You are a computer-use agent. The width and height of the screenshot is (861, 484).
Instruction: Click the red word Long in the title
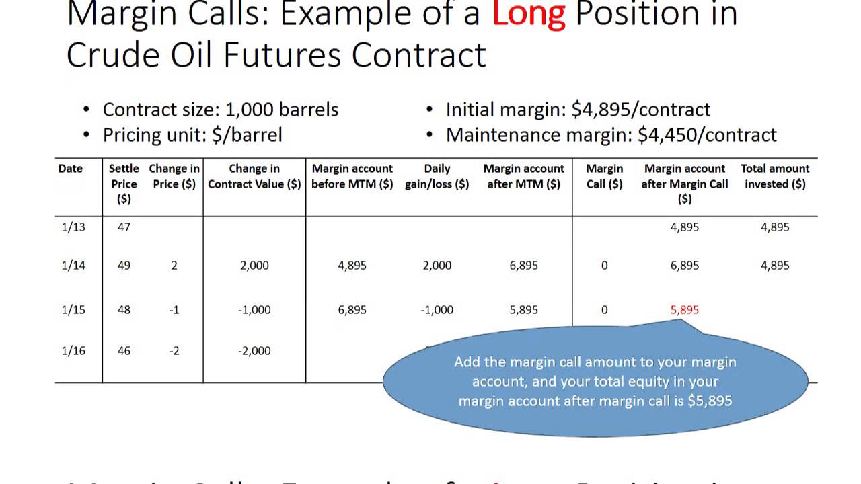(x=528, y=15)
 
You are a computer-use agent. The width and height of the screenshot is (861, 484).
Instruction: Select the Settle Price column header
(x=124, y=184)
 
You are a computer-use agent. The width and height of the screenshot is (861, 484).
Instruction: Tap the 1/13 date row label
(x=73, y=227)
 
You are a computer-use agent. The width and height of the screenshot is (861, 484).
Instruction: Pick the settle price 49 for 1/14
(x=124, y=266)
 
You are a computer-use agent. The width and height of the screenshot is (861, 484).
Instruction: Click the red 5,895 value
(x=685, y=310)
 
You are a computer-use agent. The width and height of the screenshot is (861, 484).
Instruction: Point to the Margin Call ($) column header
(x=604, y=176)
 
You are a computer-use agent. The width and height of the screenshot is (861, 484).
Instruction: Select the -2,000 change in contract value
(x=254, y=350)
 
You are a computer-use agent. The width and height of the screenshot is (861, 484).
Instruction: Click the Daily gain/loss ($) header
(x=437, y=176)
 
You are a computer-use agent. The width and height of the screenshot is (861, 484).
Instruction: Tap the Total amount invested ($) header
(x=775, y=176)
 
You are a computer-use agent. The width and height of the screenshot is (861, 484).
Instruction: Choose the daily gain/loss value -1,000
(x=437, y=310)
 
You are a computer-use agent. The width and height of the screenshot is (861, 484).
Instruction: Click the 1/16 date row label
(x=73, y=350)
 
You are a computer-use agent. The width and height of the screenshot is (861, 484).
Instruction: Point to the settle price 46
(x=124, y=350)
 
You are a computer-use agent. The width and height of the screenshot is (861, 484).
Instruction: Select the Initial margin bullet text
(x=578, y=110)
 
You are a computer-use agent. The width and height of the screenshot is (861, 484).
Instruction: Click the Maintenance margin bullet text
(x=611, y=135)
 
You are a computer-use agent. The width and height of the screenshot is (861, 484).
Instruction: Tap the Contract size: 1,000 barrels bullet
(x=220, y=110)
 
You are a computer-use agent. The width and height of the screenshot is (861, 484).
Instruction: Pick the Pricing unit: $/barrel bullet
(x=192, y=135)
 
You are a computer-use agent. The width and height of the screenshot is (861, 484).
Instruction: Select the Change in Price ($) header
(x=174, y=176)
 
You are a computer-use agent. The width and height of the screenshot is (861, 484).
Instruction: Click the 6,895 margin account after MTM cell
(x=524, y=266)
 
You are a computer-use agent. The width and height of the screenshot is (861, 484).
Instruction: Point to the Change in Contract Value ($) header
(x=254, y=176)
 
